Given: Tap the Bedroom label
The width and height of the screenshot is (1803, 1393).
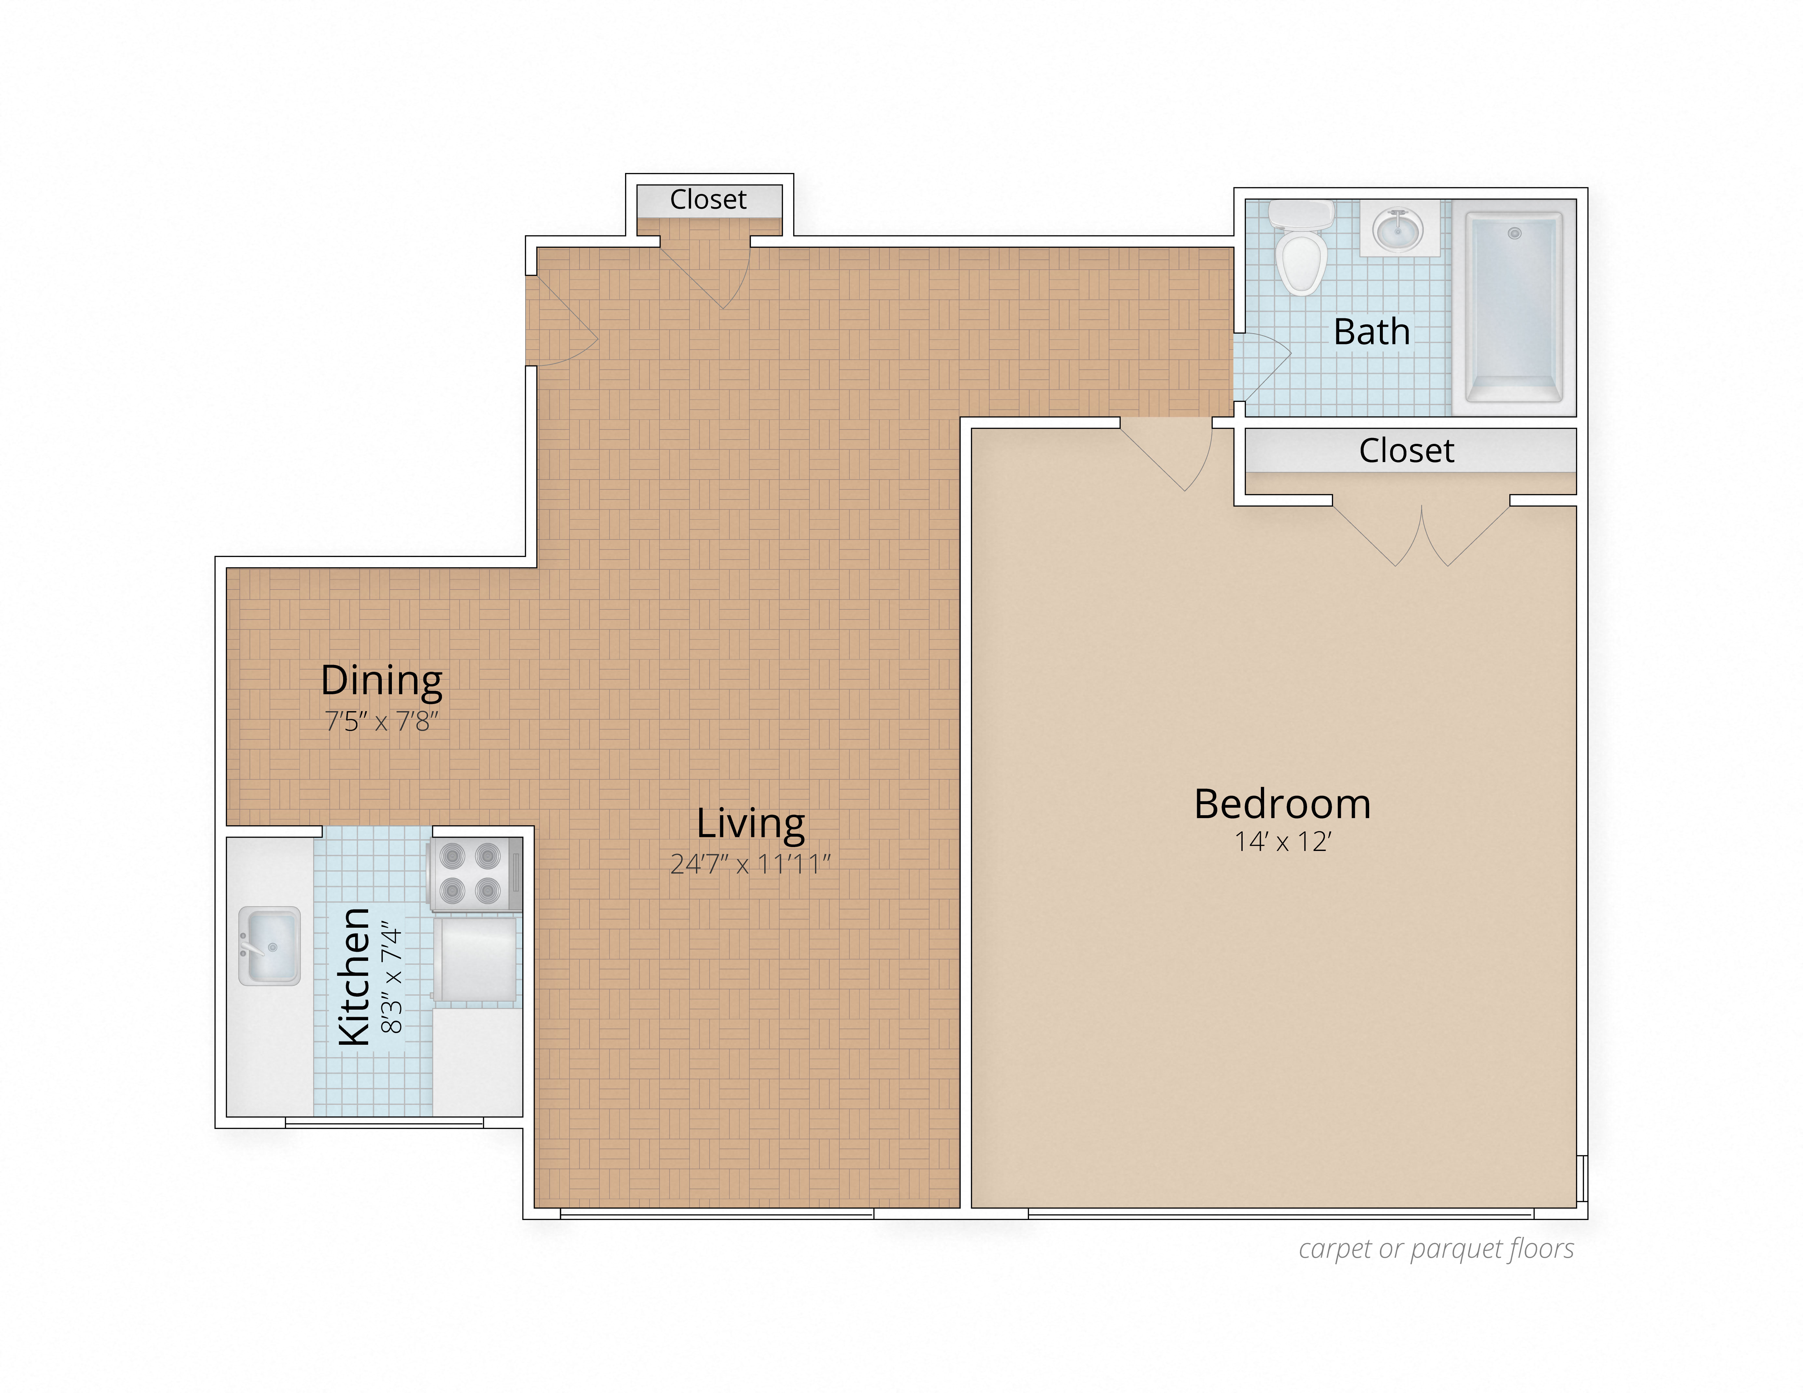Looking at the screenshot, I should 1282,804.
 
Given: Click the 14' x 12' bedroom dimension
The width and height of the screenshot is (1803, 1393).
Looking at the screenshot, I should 1282,842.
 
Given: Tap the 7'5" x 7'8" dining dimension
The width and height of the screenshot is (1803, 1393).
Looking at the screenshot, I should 381,722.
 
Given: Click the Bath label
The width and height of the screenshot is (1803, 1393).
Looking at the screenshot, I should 1371,332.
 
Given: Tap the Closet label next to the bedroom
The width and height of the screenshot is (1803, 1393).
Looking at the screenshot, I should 1406,451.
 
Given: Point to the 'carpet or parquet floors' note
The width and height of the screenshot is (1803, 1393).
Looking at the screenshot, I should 1436,1249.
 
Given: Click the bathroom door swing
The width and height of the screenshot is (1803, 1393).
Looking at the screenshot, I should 1262,363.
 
